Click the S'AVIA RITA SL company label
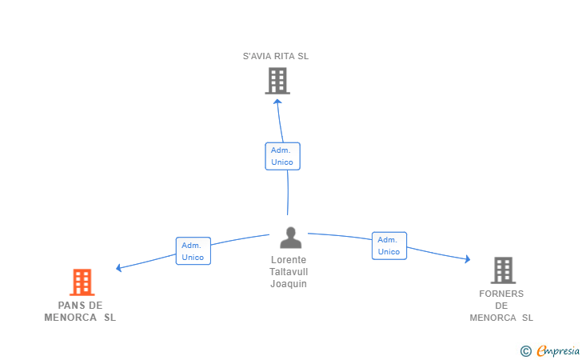[276, 56]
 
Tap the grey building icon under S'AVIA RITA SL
[277, 81]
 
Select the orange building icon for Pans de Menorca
[82, 282]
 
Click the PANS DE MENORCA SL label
[80, 311]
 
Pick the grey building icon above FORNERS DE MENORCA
[504, 270]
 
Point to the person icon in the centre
[291, 238]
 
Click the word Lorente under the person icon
[289, 260]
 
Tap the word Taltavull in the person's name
[289, 271]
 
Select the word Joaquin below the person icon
[289, 284]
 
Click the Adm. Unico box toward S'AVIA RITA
[282, 156]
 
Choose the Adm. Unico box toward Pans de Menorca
[193, 251]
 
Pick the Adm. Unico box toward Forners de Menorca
[389, 246]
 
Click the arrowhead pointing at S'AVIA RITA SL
[277, 102]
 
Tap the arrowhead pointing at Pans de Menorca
[119, 267]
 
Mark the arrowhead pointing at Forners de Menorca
[468, 259]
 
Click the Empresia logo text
[558, 350]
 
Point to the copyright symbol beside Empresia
[526, 351]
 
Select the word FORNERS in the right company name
[501, 294]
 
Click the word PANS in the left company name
[70, 306]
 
